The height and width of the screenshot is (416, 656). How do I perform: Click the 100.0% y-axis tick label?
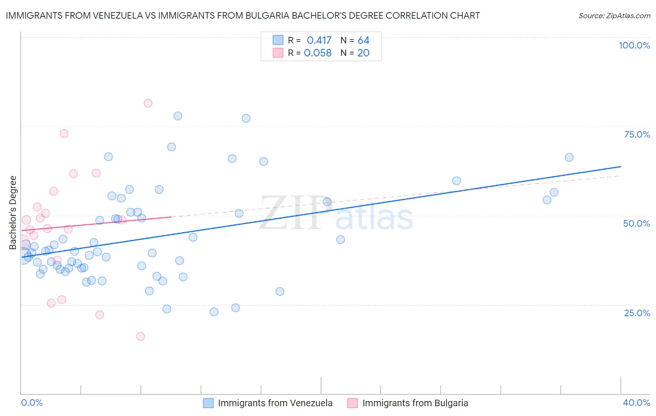[x=634, y=45]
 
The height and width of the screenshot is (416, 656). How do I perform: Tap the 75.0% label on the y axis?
[x=637, y=134]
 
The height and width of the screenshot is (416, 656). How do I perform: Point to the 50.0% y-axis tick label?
[x=636, y=223]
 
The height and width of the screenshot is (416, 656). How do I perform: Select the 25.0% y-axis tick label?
[x=637, y=312]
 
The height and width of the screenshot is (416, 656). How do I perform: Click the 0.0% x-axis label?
[x=32, y=402]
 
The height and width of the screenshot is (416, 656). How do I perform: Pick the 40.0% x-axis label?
[x=636, y=402]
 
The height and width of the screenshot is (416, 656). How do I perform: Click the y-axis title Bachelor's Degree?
[x=13, y=213]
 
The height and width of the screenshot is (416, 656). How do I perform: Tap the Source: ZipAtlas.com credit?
[x=614, y=16]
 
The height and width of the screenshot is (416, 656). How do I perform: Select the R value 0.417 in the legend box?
[x=319, y=41]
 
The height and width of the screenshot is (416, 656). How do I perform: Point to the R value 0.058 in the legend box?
[x=318, y=53]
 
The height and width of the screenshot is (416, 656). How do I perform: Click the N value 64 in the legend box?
[x=363, y=41]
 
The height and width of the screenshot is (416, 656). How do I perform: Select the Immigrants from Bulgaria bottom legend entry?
[x=415, y=403]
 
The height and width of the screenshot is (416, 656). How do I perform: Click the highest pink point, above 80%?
[x=148, y=103]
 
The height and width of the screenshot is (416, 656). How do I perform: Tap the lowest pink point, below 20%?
[x=140, y=336]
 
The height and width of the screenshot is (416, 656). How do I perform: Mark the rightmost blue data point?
[x=569, y=157]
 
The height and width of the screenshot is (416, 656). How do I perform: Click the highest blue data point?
[x=178, y=116]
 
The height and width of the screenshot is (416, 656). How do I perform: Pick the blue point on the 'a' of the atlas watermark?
[x=341, y=239]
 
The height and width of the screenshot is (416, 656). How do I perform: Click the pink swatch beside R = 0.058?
[x=278, y=53]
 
